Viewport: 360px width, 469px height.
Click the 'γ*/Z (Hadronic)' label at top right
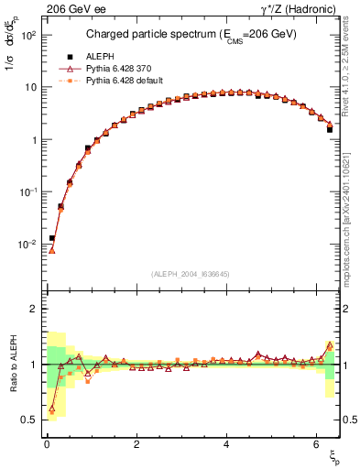(301, 8)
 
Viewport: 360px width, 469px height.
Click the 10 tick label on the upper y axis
(30, 87)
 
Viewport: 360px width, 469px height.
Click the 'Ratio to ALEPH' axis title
(12, 365)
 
